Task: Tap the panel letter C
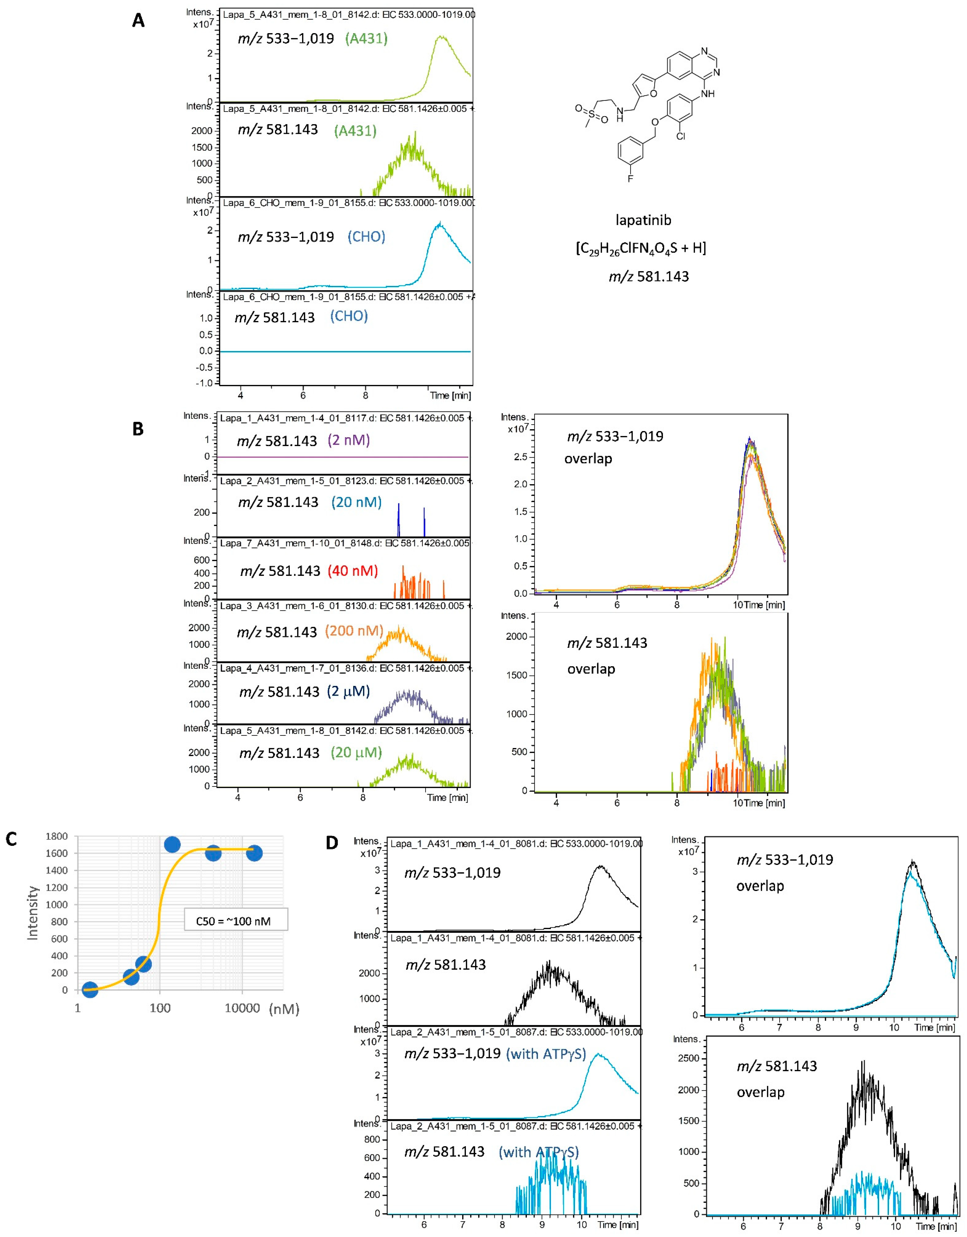pyautogui.click(x=11, y=839)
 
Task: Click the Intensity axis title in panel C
pyautogui.click(x=33, y=913)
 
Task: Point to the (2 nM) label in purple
pyautogui.click(x=349, y=440)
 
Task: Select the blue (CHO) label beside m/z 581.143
pyautogui.click(x=349, y=316)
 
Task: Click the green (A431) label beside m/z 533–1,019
pyautogui.click(x=366, y=39)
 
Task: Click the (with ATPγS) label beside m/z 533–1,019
pyautogui.click(x=546, y=1053)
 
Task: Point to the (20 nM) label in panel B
pyautogui.click(x=356, y=502)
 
